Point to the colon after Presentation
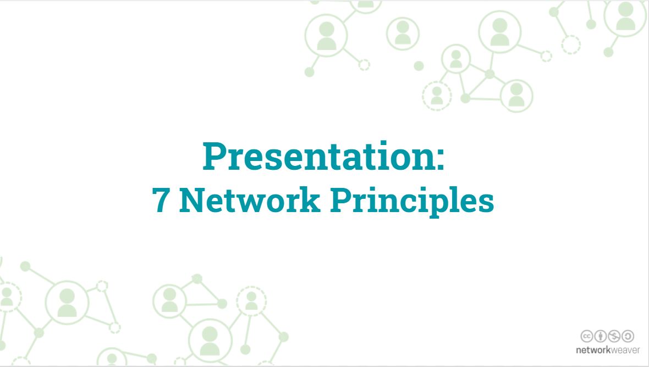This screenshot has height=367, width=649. pyautogui.click(x=440, y=160)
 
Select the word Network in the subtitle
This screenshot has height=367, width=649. pyautogui.click(x=250, y=200)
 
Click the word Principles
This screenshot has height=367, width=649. pyautogui.click(x=413, y=202)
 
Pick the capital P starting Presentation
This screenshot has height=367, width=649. pyautogui.click(x=214, y=156)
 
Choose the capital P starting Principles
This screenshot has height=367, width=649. pyautogui.click(x=340, y=200)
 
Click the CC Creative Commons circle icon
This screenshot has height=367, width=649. pyautogui.click(x=586, y=336)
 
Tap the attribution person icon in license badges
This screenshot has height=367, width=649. pyautogui.click(x=600, y=336)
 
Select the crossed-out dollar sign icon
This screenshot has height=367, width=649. pyautogui.click(x=614, y=336)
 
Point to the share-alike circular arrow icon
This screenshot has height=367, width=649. pyautogui.click(x=628, y=336)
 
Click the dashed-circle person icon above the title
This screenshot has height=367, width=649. pyautogui.click(x=437, y=96)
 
